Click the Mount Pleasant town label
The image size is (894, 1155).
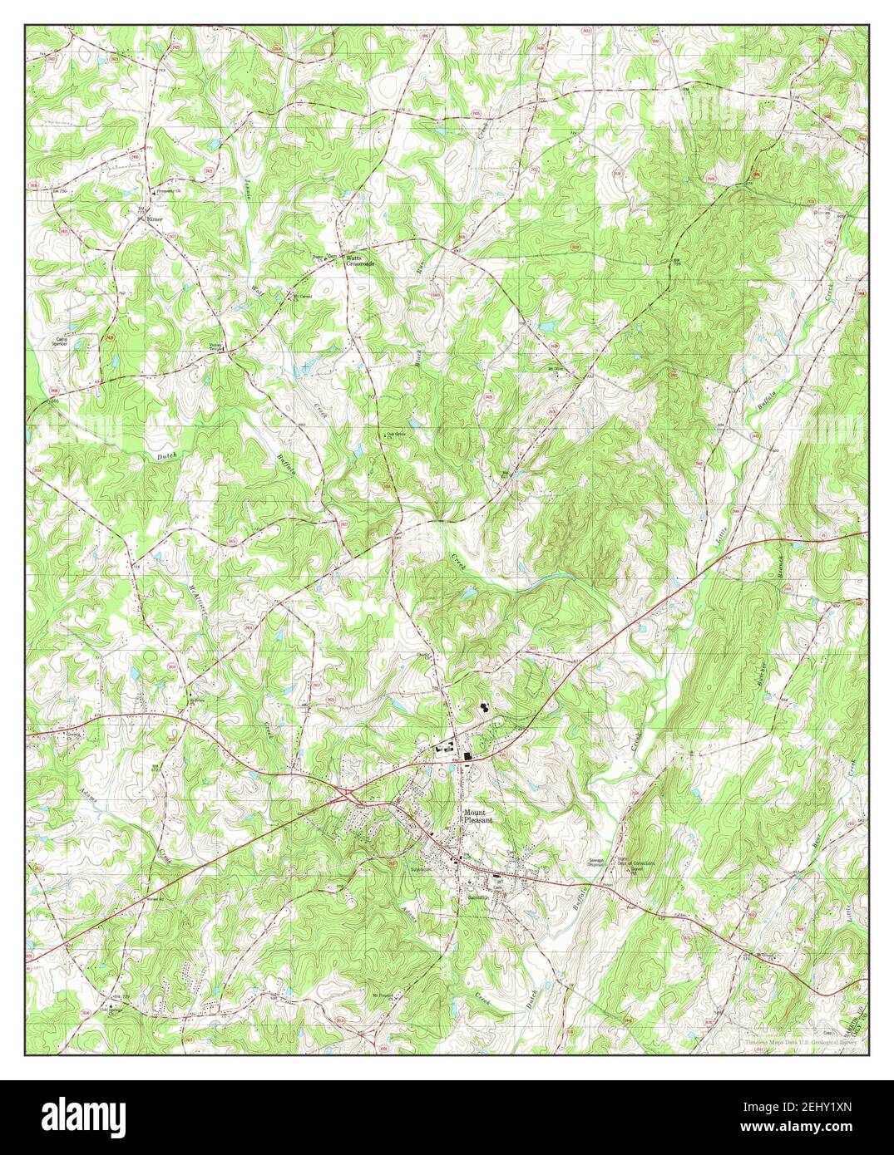click(479, 814)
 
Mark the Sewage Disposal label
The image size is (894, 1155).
click(595, 862)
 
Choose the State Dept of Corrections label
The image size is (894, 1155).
click(636, 864)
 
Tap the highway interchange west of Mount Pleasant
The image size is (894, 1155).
click(350, 795)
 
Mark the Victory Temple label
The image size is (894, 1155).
click(217, 346)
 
